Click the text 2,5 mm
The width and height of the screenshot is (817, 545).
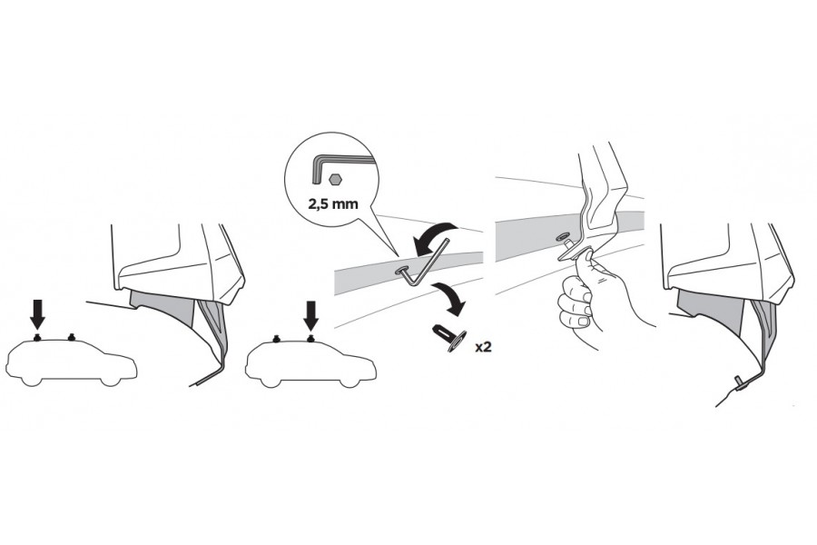[333, 203]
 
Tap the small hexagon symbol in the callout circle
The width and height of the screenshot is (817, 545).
[335, 180]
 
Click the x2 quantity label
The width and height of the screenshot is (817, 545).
[483, 347]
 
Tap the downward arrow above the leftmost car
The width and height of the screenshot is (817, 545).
[37, 314]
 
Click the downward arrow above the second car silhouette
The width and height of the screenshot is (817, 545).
[311, 314]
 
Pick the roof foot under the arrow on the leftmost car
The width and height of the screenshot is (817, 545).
[37, 338]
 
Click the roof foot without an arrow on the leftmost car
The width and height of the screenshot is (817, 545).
[72, 338]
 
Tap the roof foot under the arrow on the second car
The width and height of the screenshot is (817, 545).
[311, 338]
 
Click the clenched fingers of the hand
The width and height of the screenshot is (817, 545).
[576, 305]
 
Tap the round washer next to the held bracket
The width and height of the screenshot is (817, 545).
[563, 237]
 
